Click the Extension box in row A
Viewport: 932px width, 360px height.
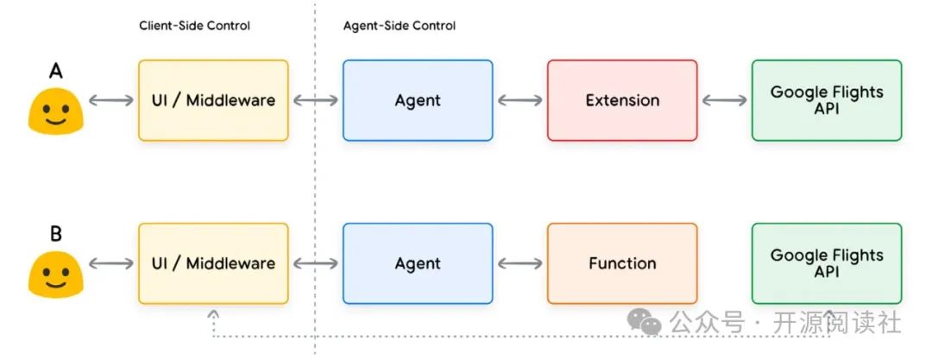coord(622,100)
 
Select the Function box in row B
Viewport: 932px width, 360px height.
coord(622,263)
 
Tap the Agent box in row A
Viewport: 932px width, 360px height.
coord(418,100)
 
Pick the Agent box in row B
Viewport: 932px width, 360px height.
coord(418,263)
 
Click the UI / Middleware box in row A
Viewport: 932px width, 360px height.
coord(213,100)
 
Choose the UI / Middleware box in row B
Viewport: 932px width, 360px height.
coord(213,263)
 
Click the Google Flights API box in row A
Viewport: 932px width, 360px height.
coord(827,100)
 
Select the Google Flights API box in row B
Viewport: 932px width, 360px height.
coord(827,263)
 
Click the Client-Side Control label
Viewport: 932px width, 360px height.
coord(194,26)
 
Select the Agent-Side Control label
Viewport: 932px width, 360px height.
coord(400,26)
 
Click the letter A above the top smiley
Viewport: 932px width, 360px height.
coord(55,71)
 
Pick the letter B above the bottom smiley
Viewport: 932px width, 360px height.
coord(55,234)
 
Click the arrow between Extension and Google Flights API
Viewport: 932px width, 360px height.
coord(724,101)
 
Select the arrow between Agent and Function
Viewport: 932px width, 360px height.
coord(520,264)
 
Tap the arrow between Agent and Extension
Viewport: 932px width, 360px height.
coord(520,101)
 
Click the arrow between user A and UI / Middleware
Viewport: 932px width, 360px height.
coord(111,101)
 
